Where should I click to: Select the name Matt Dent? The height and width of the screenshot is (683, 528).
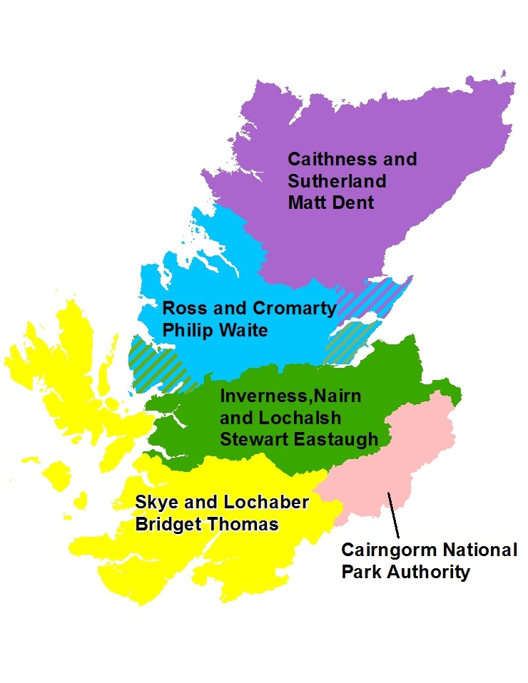point(330,202)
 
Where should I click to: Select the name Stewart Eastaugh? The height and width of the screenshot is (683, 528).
point(298,439)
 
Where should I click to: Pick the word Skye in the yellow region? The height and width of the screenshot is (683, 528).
point(156,502)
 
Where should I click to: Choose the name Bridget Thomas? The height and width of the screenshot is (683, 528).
point(207,524)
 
